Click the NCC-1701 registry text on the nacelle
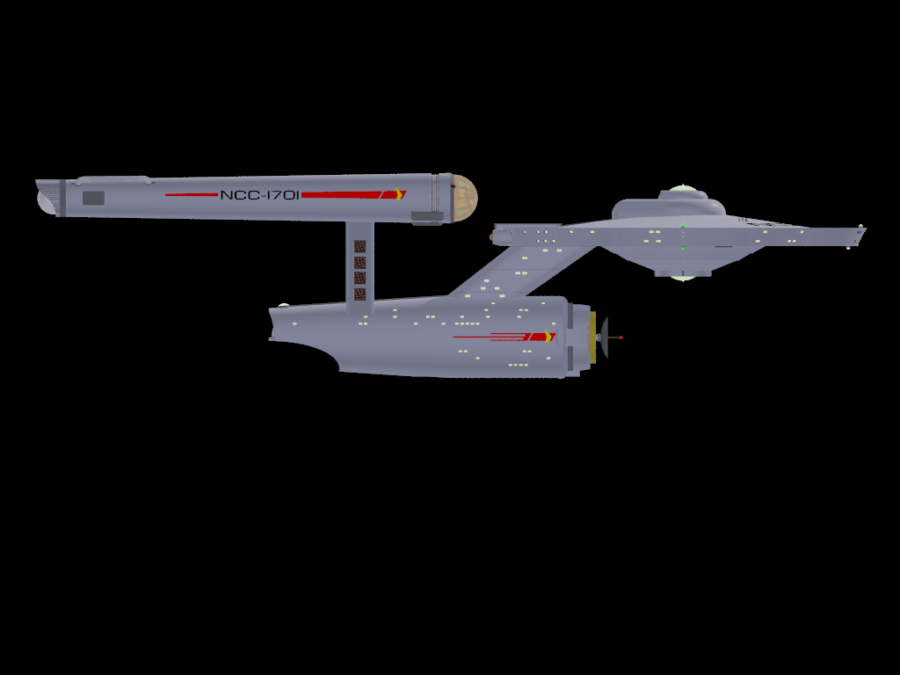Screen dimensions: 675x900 [260, 194]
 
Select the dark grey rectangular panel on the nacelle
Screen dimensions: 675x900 [93, 198]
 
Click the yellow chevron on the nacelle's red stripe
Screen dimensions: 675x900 [401, 193]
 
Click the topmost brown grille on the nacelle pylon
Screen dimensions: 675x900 [359, 247]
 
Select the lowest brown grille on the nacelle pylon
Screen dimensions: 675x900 [359, 294]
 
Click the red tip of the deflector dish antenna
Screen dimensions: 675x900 [621, 337]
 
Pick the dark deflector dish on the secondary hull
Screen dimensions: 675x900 [603, 337]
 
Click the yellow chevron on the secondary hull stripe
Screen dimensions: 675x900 [550, 336]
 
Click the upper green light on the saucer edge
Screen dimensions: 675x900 [682, 228]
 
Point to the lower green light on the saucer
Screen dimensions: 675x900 [682, 249]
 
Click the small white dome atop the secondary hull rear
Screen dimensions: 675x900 [283, 306]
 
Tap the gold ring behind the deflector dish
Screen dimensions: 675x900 [593, 337]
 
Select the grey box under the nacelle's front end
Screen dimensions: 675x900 [427, 217]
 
